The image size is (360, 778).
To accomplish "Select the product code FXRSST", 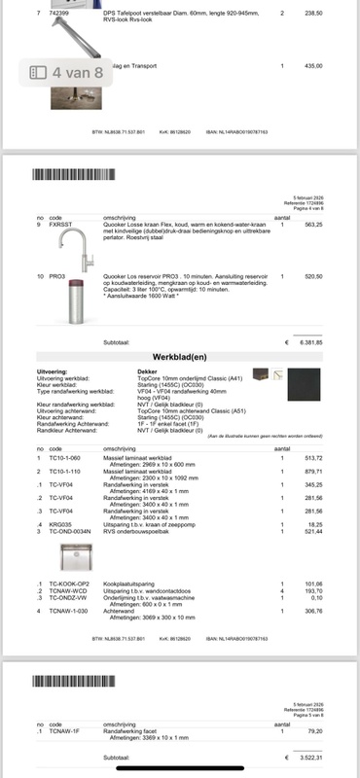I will coord(60,225).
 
